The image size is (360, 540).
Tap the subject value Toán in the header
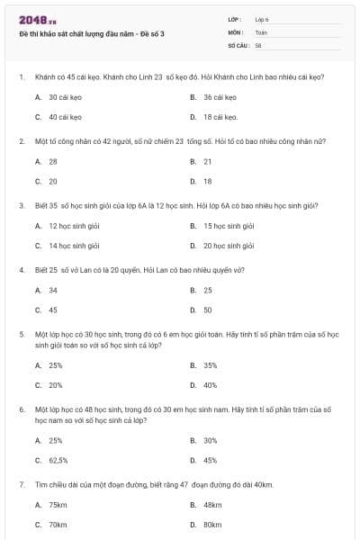(261, 31)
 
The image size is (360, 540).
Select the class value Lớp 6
(262, 19)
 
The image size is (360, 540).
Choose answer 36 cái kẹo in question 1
(219, 96)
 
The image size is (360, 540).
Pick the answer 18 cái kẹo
(220, 117)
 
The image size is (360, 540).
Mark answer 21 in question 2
(208, 161)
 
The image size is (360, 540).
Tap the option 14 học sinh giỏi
(74, 246)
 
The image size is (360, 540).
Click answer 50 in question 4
(208, 310)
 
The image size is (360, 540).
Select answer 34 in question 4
(53, 290)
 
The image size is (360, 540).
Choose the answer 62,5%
(58, 460)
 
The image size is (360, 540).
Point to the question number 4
(21, 269)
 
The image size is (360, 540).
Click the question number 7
(21, 484)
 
